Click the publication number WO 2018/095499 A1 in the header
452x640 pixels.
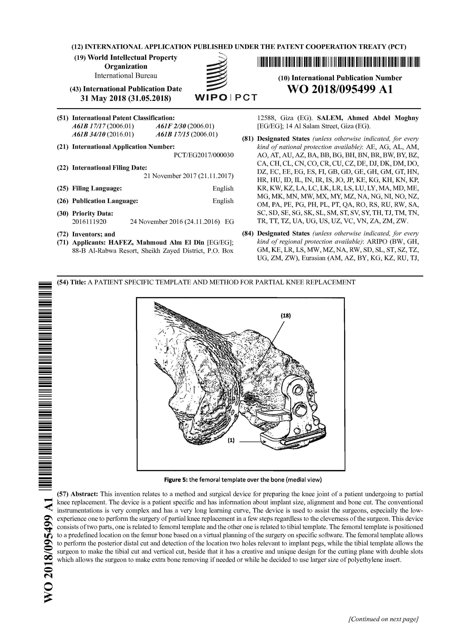tap(340, 89)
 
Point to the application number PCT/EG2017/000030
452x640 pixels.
tap(203, 155)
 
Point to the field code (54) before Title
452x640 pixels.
tap(62, 282)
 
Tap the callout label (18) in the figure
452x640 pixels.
tap(285, 316)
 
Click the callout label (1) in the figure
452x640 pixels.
tap(231, 440)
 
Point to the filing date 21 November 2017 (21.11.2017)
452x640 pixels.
tap(188, 176)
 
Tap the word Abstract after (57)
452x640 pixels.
tap(84, 494)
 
